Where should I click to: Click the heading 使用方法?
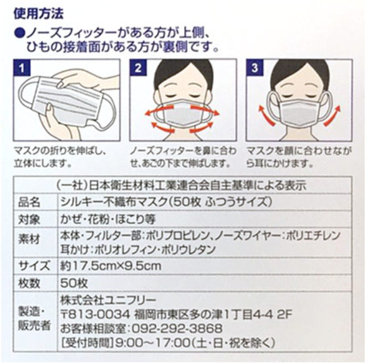(x=39, y=14)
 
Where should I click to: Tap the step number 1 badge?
(x=21, y=68)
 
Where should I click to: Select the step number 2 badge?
(x=138, y=68)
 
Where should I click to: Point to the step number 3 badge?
(x=255, y=68)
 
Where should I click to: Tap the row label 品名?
(x=29, y=202)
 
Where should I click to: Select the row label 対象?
(x=29, y=219)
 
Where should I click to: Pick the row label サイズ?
(x=34, y=266)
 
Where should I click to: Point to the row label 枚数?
(x=29, y=283)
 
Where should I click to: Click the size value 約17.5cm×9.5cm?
(x=111, y=266)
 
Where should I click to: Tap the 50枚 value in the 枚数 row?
(x=74, y=283)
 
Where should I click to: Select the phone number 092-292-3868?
(x=177, y=328)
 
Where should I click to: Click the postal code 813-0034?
(x=99, y=314)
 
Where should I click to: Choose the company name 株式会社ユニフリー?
(x=108, y=300)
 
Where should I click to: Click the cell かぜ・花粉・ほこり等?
(x=108, y=219)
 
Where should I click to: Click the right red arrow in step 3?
(x=331, y=116)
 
